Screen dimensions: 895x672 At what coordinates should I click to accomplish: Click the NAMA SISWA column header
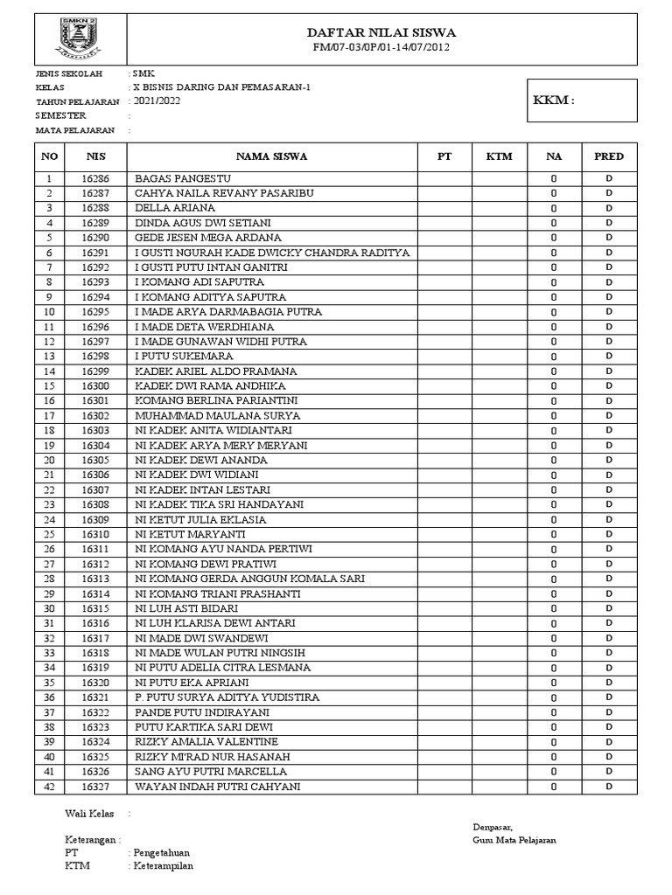point(271,156)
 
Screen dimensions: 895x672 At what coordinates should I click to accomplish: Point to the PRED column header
point(609,156)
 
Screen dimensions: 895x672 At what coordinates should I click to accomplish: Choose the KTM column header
point(500,156)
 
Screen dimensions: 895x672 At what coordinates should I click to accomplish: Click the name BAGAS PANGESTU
point(176,178)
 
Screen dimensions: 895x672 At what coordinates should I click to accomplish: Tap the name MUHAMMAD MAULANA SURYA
point(217,416)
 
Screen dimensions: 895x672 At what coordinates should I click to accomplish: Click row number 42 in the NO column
point(49,787)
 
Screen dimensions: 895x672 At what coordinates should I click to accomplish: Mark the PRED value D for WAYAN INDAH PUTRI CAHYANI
point(609,787)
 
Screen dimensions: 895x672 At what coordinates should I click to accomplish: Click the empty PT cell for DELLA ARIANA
point(444,208)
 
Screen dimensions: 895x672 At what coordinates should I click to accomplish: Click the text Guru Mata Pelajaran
point(513,841)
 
